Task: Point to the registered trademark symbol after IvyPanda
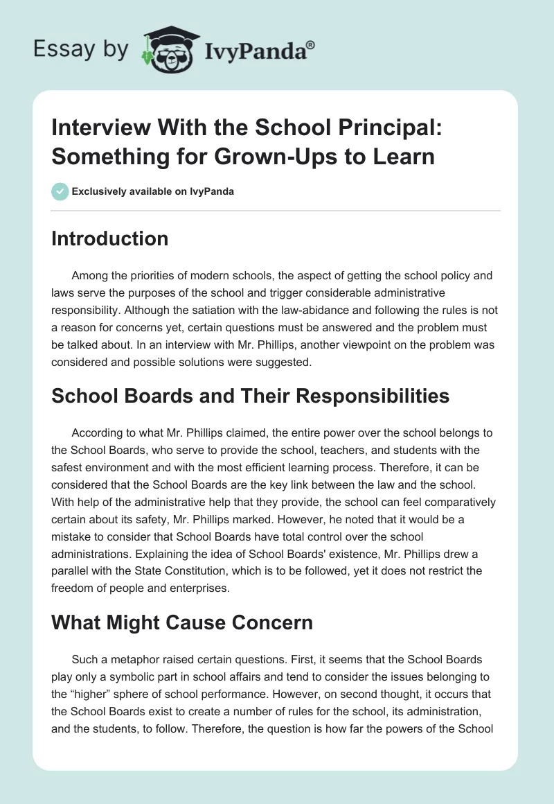click(311, 44)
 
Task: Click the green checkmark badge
click(60, 191)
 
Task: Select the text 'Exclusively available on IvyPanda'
click(153, 191)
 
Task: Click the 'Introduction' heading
click(109, 239)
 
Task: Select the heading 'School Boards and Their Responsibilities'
click(251, 396)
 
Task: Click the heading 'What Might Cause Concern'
click(182, 622)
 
